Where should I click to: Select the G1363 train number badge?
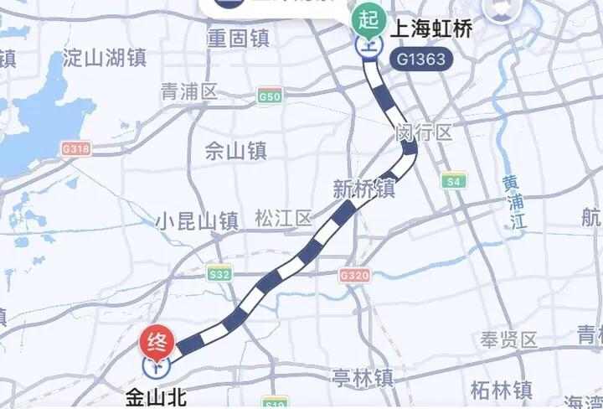(x=421, y=60)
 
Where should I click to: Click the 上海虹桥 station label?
(x=427, y=28)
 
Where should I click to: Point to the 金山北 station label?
(x=156, y=395)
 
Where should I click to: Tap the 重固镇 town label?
(x=238, y=39)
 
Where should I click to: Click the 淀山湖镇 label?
(x=105, y=58)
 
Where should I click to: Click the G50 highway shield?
(x=270, y=96)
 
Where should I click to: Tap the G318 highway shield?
(x=75, y=148)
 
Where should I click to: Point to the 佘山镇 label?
(x=235, y=151)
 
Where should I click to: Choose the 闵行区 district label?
(x=425, y=132)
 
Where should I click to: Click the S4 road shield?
(x=455, y=180)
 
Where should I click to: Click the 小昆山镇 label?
(x=197, y=221)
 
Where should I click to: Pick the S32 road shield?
(x=219, y=274)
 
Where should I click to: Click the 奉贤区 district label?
(x=508, y=339)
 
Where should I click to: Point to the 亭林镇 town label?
(x=362, y=378)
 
